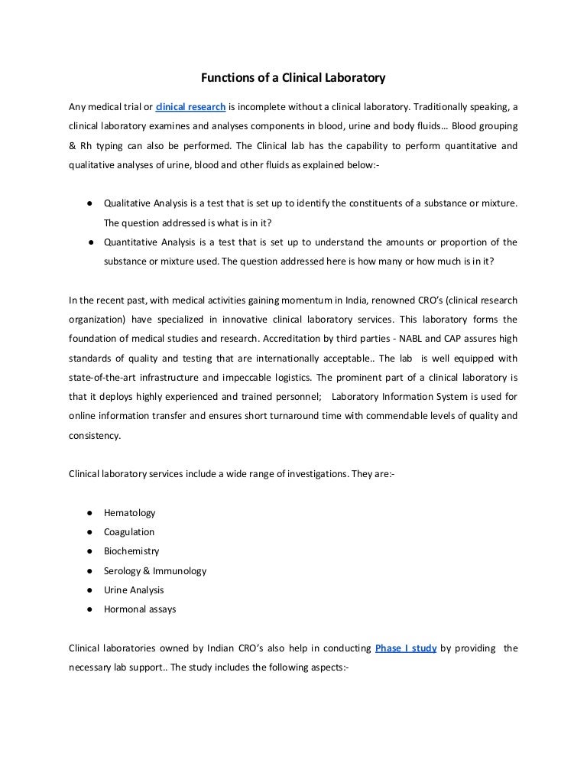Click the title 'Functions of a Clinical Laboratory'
point(293,77)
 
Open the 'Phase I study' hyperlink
point(406,648)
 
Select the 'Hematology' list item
point(129,512)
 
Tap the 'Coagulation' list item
point(129,531)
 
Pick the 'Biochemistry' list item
point(131,551)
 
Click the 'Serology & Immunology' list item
point(155,570)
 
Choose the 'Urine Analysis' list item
point(134,589)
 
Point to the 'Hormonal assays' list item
point(140,609)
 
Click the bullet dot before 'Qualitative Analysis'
point(90,203)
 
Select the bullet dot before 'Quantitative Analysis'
point(90,242)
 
